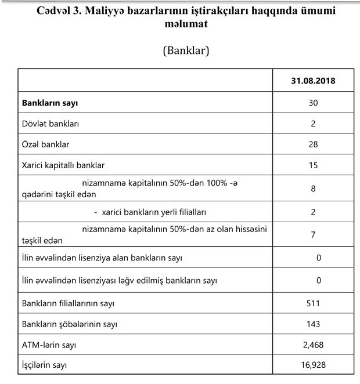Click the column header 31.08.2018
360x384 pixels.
pyautogui.click(x=313, y=81)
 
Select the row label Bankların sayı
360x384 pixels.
pyautogui.click(x=50, y=103)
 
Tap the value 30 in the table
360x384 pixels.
pyautogui.click(x=313, y=103)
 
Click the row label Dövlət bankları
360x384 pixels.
pyautogui.click(x=51, y=124)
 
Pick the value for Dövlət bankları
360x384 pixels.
pyautogui.click(x=313, y=124)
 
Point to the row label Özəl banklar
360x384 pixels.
pyautogui.click(x=46, y=144)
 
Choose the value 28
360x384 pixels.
pyautogui.click(x=313, y=144)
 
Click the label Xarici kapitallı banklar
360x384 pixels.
pyautogui.click(x=63, y=165)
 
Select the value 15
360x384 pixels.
pyautogui.click(x=313, y=165)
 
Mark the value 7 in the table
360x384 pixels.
pyautogui.click(x=313, y=235)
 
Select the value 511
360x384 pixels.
pyautogui.click(x=313, y=303)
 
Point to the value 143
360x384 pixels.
pyautogui.click(x=313, y=324)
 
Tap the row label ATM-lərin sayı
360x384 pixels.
pyautogui.click(x=49, y=345)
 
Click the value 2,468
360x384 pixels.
pyautogui.click(x=313, y=345)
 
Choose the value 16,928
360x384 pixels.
pyautogui.click(x=313, y=365)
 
